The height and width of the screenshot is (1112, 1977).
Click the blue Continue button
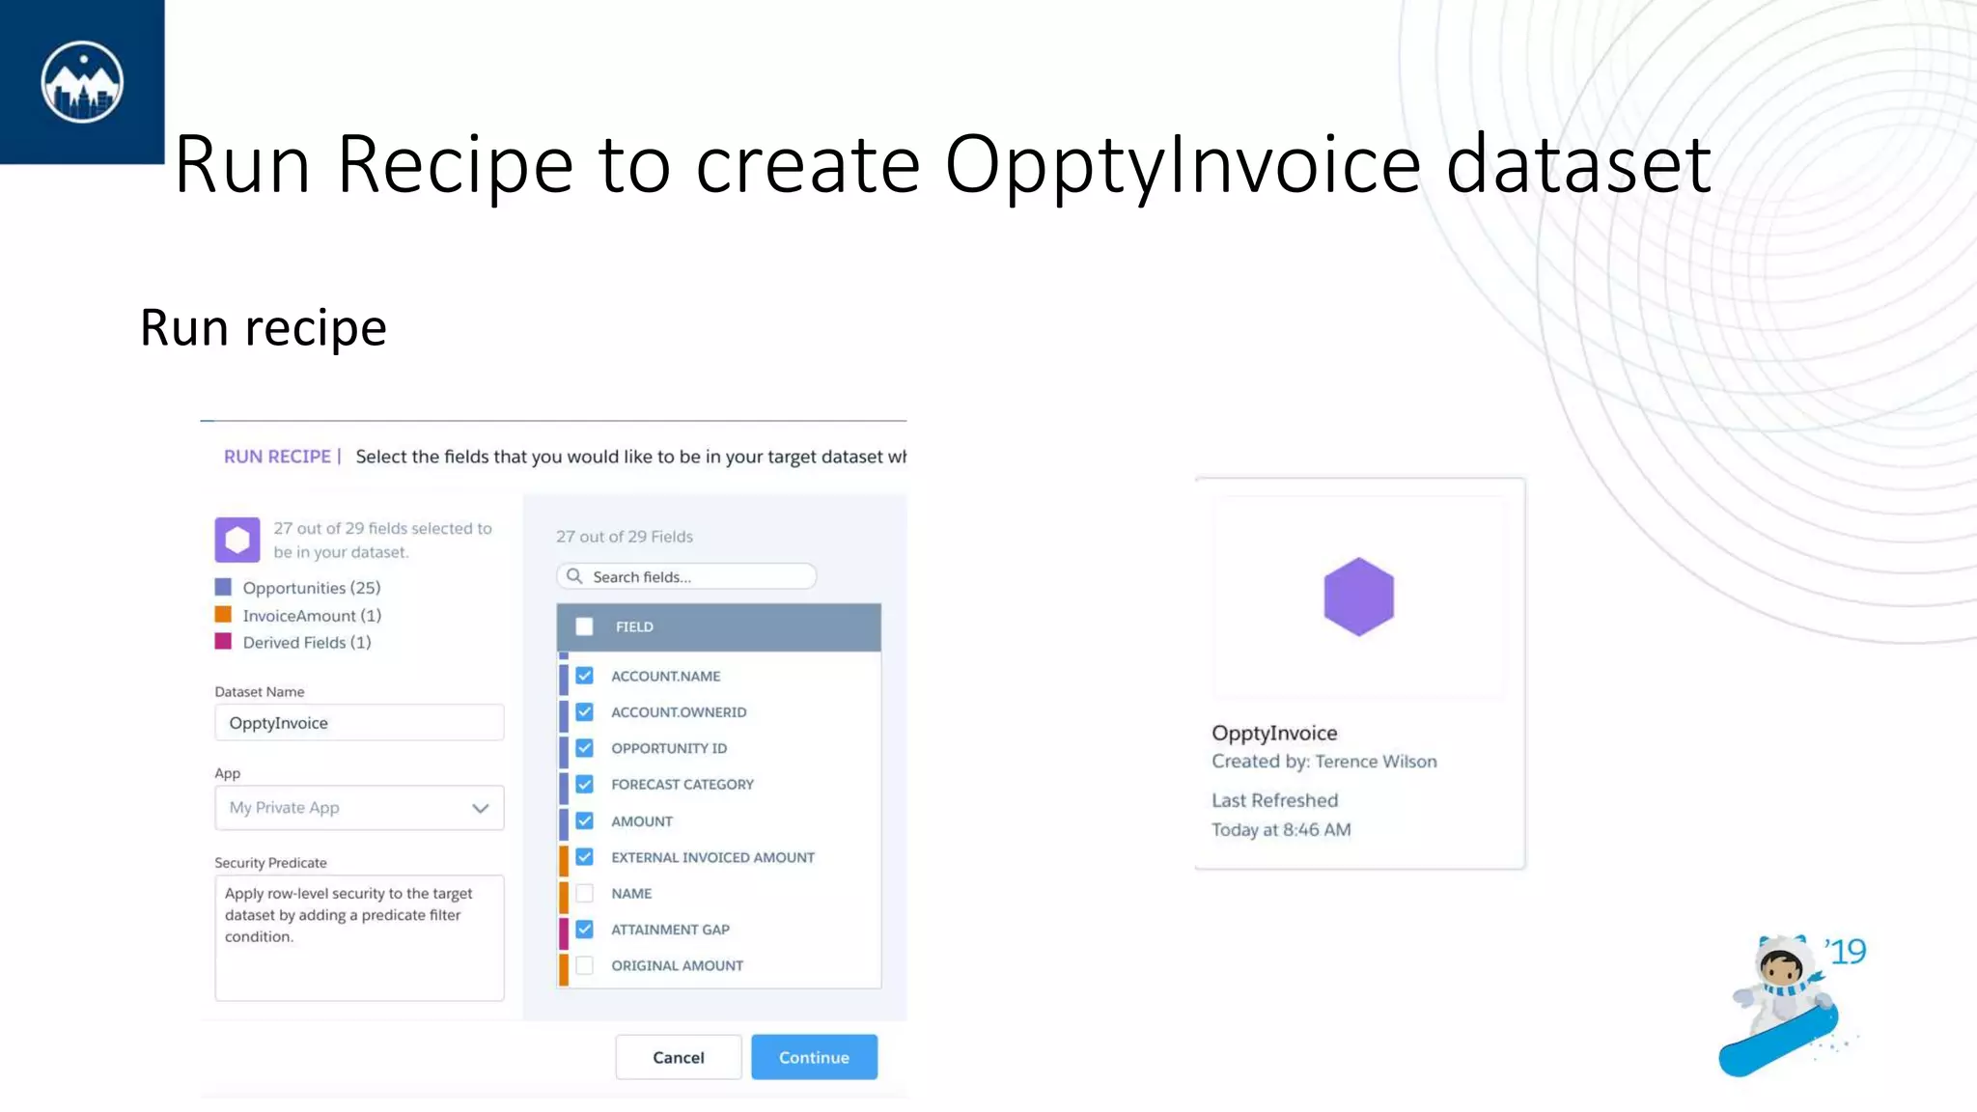[x=814, y=1057]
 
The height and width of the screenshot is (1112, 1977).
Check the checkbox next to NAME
[x=585, y=894]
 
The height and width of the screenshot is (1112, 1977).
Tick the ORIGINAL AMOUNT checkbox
[x=585, y=965]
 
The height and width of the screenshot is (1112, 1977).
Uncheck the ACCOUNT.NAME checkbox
[x=585, y=676]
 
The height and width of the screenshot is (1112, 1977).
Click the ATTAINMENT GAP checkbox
[x=585, y=930]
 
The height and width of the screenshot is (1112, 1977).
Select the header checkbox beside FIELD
[x=584, y=626]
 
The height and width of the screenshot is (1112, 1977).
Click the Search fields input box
[x=695, y=576]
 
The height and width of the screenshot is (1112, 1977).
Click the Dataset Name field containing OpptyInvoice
[x=359, y=723]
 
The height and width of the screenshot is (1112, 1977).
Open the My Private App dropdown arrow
[x=481, y=808]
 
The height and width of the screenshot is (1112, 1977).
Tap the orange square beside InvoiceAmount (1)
[x=223, y=615]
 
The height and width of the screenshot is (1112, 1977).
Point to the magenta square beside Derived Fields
[x=223, y=642]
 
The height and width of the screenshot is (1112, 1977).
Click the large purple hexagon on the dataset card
[x=1358, y=597]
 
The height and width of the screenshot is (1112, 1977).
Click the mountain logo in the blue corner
[x=82, y=82]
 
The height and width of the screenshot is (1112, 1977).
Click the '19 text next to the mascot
[x=1846, y=952]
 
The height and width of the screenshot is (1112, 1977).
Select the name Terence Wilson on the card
[x=1376, y=762]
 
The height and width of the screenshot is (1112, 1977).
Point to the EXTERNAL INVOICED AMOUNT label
[x=712, y=857]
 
